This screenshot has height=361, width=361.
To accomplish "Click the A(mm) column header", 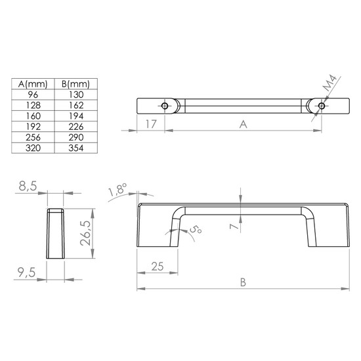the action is (33, 84).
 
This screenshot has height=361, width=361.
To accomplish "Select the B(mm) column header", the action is (75, 84).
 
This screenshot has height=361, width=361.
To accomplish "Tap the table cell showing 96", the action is (33, 95).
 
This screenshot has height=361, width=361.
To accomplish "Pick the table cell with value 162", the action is (76, 105).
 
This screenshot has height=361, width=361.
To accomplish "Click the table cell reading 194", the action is (76, 116).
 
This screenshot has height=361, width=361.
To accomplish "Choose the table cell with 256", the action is (33, 137).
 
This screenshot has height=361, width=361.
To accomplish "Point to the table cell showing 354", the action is (76, 148).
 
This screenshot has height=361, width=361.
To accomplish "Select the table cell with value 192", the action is (33, 127).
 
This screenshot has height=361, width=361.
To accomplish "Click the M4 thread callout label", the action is (329, 83).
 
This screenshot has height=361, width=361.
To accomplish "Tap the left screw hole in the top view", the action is (165, 106).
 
